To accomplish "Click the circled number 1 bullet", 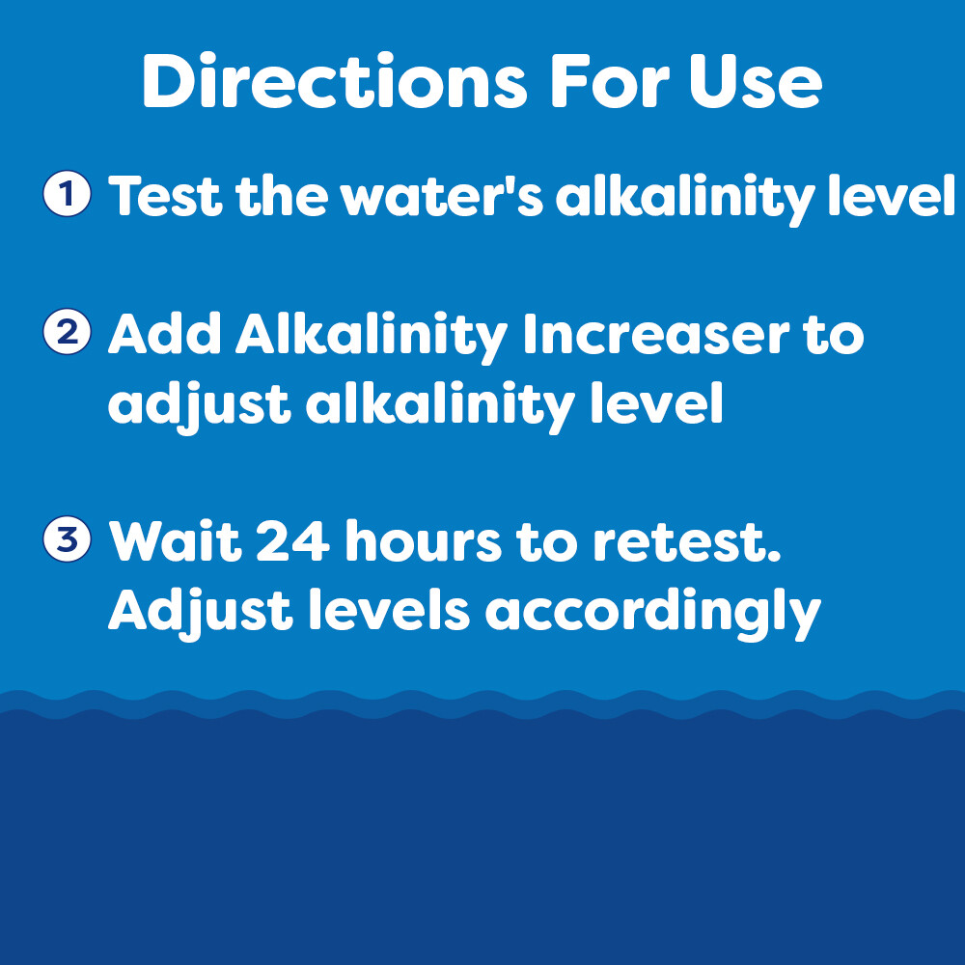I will tap(68, 194).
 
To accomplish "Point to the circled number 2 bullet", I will tap(68, 333).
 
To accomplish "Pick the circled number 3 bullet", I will tap(68, 539).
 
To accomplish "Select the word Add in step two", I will tap(165, 335).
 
